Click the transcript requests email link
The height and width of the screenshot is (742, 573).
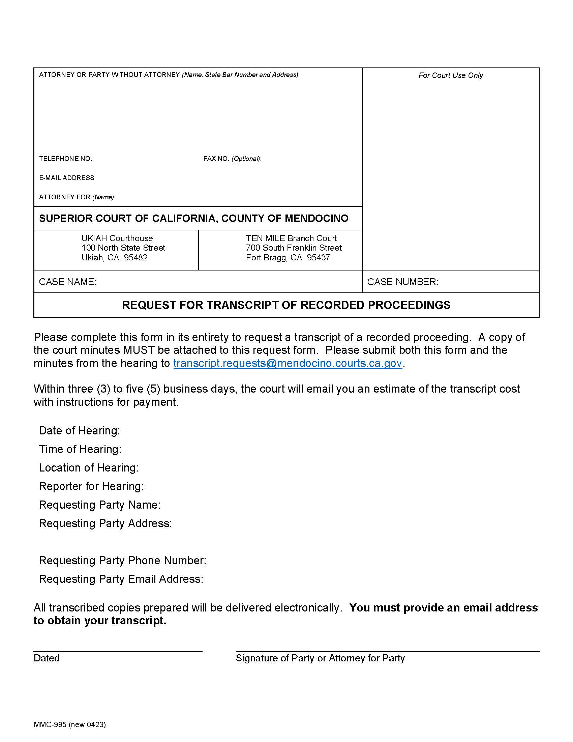[288, 363]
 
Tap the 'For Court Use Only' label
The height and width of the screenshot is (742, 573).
[450, 76]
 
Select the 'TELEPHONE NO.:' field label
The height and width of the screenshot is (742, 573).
[66, 159]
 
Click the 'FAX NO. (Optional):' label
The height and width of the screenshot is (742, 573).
[232, 159]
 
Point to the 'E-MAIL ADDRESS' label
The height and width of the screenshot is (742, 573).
[66, 178]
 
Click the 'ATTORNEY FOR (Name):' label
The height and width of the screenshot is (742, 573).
[77, 197]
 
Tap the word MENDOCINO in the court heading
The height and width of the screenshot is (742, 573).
[316, 218]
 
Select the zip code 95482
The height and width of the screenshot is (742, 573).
[136, 258]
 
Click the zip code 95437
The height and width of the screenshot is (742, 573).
[318, 258]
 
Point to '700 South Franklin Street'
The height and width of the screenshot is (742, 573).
[294, 248]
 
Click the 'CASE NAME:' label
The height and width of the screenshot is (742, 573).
[67, 282]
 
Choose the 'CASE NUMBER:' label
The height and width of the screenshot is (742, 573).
[402, 282]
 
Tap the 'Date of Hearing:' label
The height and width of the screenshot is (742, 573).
[80, 431]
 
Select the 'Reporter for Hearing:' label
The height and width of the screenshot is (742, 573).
[91, 486]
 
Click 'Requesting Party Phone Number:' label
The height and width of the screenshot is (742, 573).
[123, 561]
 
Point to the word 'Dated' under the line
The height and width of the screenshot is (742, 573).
[47, 658]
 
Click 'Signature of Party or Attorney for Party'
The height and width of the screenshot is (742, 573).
[320, 658]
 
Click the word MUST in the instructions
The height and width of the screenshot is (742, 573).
[139, 350]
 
